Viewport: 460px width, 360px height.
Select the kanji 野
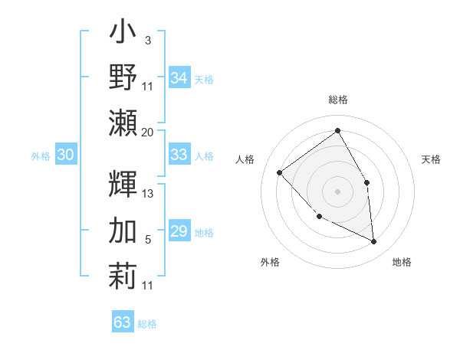pos(123,77)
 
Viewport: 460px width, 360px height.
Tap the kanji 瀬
pos(123,122)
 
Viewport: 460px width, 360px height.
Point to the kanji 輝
pos(123,185)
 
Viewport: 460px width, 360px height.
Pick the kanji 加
pos(123,231)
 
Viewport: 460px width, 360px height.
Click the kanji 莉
pos(123,276)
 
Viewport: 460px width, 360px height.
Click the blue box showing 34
pos(179,78)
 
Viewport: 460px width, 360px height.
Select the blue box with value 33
pos(179,155)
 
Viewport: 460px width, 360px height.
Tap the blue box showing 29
pos(179,231)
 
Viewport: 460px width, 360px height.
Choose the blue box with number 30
pos(65,155)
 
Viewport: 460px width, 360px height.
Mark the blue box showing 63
pos(123,322)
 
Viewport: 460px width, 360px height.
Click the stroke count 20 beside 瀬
pos(148,132)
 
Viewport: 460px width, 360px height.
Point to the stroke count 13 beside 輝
pos(148,194)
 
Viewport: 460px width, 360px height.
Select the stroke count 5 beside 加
pos(147,240)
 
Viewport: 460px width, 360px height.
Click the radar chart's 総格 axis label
pos(338,100)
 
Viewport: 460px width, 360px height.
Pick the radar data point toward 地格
pos(373,241)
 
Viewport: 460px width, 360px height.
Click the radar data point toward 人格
pos(280,172)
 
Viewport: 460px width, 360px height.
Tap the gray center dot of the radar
pos(337,191)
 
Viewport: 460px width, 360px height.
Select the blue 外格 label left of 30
pos(41,155)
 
